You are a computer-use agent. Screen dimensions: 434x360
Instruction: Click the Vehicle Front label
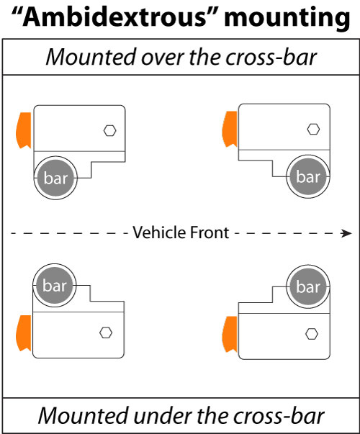click(x=180, y=232)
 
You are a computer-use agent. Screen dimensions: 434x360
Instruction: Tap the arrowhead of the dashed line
click(x=346, y=232)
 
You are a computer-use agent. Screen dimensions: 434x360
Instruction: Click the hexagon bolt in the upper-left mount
click(x=109, y=130)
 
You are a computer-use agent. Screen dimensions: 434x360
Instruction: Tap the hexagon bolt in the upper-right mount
click(x=312, y=130)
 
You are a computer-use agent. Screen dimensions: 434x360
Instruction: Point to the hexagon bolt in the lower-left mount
click(x=107, y=333)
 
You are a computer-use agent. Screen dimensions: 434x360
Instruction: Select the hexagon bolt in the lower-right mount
click(x=312, y=333)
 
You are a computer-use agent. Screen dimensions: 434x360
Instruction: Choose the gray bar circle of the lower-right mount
click(x=307, y=286)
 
